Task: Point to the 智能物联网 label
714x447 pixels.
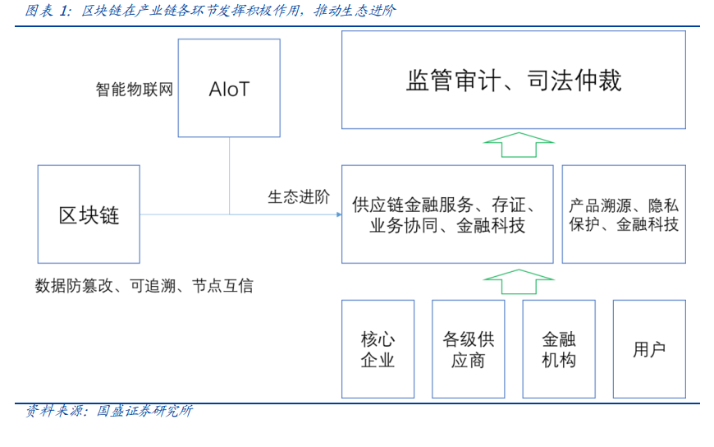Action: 135,89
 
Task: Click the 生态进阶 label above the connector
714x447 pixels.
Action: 299,197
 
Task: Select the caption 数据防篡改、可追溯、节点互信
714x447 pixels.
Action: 144,286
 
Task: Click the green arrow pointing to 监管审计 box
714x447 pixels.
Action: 519,145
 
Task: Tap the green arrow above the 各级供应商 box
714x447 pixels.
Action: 519,282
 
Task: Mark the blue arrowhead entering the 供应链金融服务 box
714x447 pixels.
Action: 339,214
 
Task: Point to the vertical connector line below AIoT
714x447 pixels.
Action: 230,176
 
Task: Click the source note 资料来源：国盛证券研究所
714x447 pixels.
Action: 109,411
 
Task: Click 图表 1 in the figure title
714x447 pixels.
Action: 48,11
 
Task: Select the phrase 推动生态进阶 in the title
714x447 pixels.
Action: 355,11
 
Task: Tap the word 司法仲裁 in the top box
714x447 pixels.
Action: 574,81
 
